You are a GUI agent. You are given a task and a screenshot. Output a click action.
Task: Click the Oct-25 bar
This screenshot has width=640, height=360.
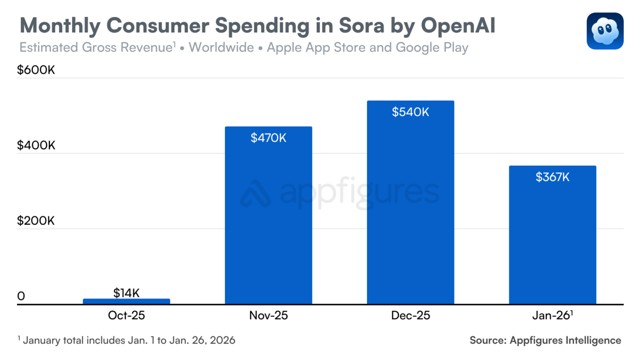click(126, 301)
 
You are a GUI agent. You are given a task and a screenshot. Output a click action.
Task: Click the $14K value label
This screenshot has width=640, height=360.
click(126, 293)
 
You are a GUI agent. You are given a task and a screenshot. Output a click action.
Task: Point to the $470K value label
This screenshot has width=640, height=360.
click(268, 138)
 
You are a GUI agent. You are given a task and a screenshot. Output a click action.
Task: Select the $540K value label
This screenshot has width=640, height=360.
click(410, 112)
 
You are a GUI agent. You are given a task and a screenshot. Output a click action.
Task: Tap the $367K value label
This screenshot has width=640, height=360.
click(552, 177)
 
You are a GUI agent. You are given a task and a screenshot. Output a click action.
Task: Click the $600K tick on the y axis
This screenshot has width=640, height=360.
click(36, 70)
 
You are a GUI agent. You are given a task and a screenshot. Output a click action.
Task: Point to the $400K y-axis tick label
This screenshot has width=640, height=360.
click(36, 145)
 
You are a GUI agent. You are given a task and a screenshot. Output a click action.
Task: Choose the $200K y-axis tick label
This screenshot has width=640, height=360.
click(36, 220)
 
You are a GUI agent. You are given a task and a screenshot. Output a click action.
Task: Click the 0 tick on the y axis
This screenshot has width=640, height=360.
click(21, 296)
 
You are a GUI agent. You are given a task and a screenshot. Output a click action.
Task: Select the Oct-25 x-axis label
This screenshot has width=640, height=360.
click(126, 316)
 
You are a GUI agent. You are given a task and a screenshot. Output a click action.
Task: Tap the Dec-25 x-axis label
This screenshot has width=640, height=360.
click(410, 316)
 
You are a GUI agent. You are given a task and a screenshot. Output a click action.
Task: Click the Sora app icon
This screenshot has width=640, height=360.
click(605, 31)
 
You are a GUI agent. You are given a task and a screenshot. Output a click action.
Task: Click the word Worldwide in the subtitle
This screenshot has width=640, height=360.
click(221, 47)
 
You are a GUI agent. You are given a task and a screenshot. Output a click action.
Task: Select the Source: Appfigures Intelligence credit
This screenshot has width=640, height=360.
click(545, 340)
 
